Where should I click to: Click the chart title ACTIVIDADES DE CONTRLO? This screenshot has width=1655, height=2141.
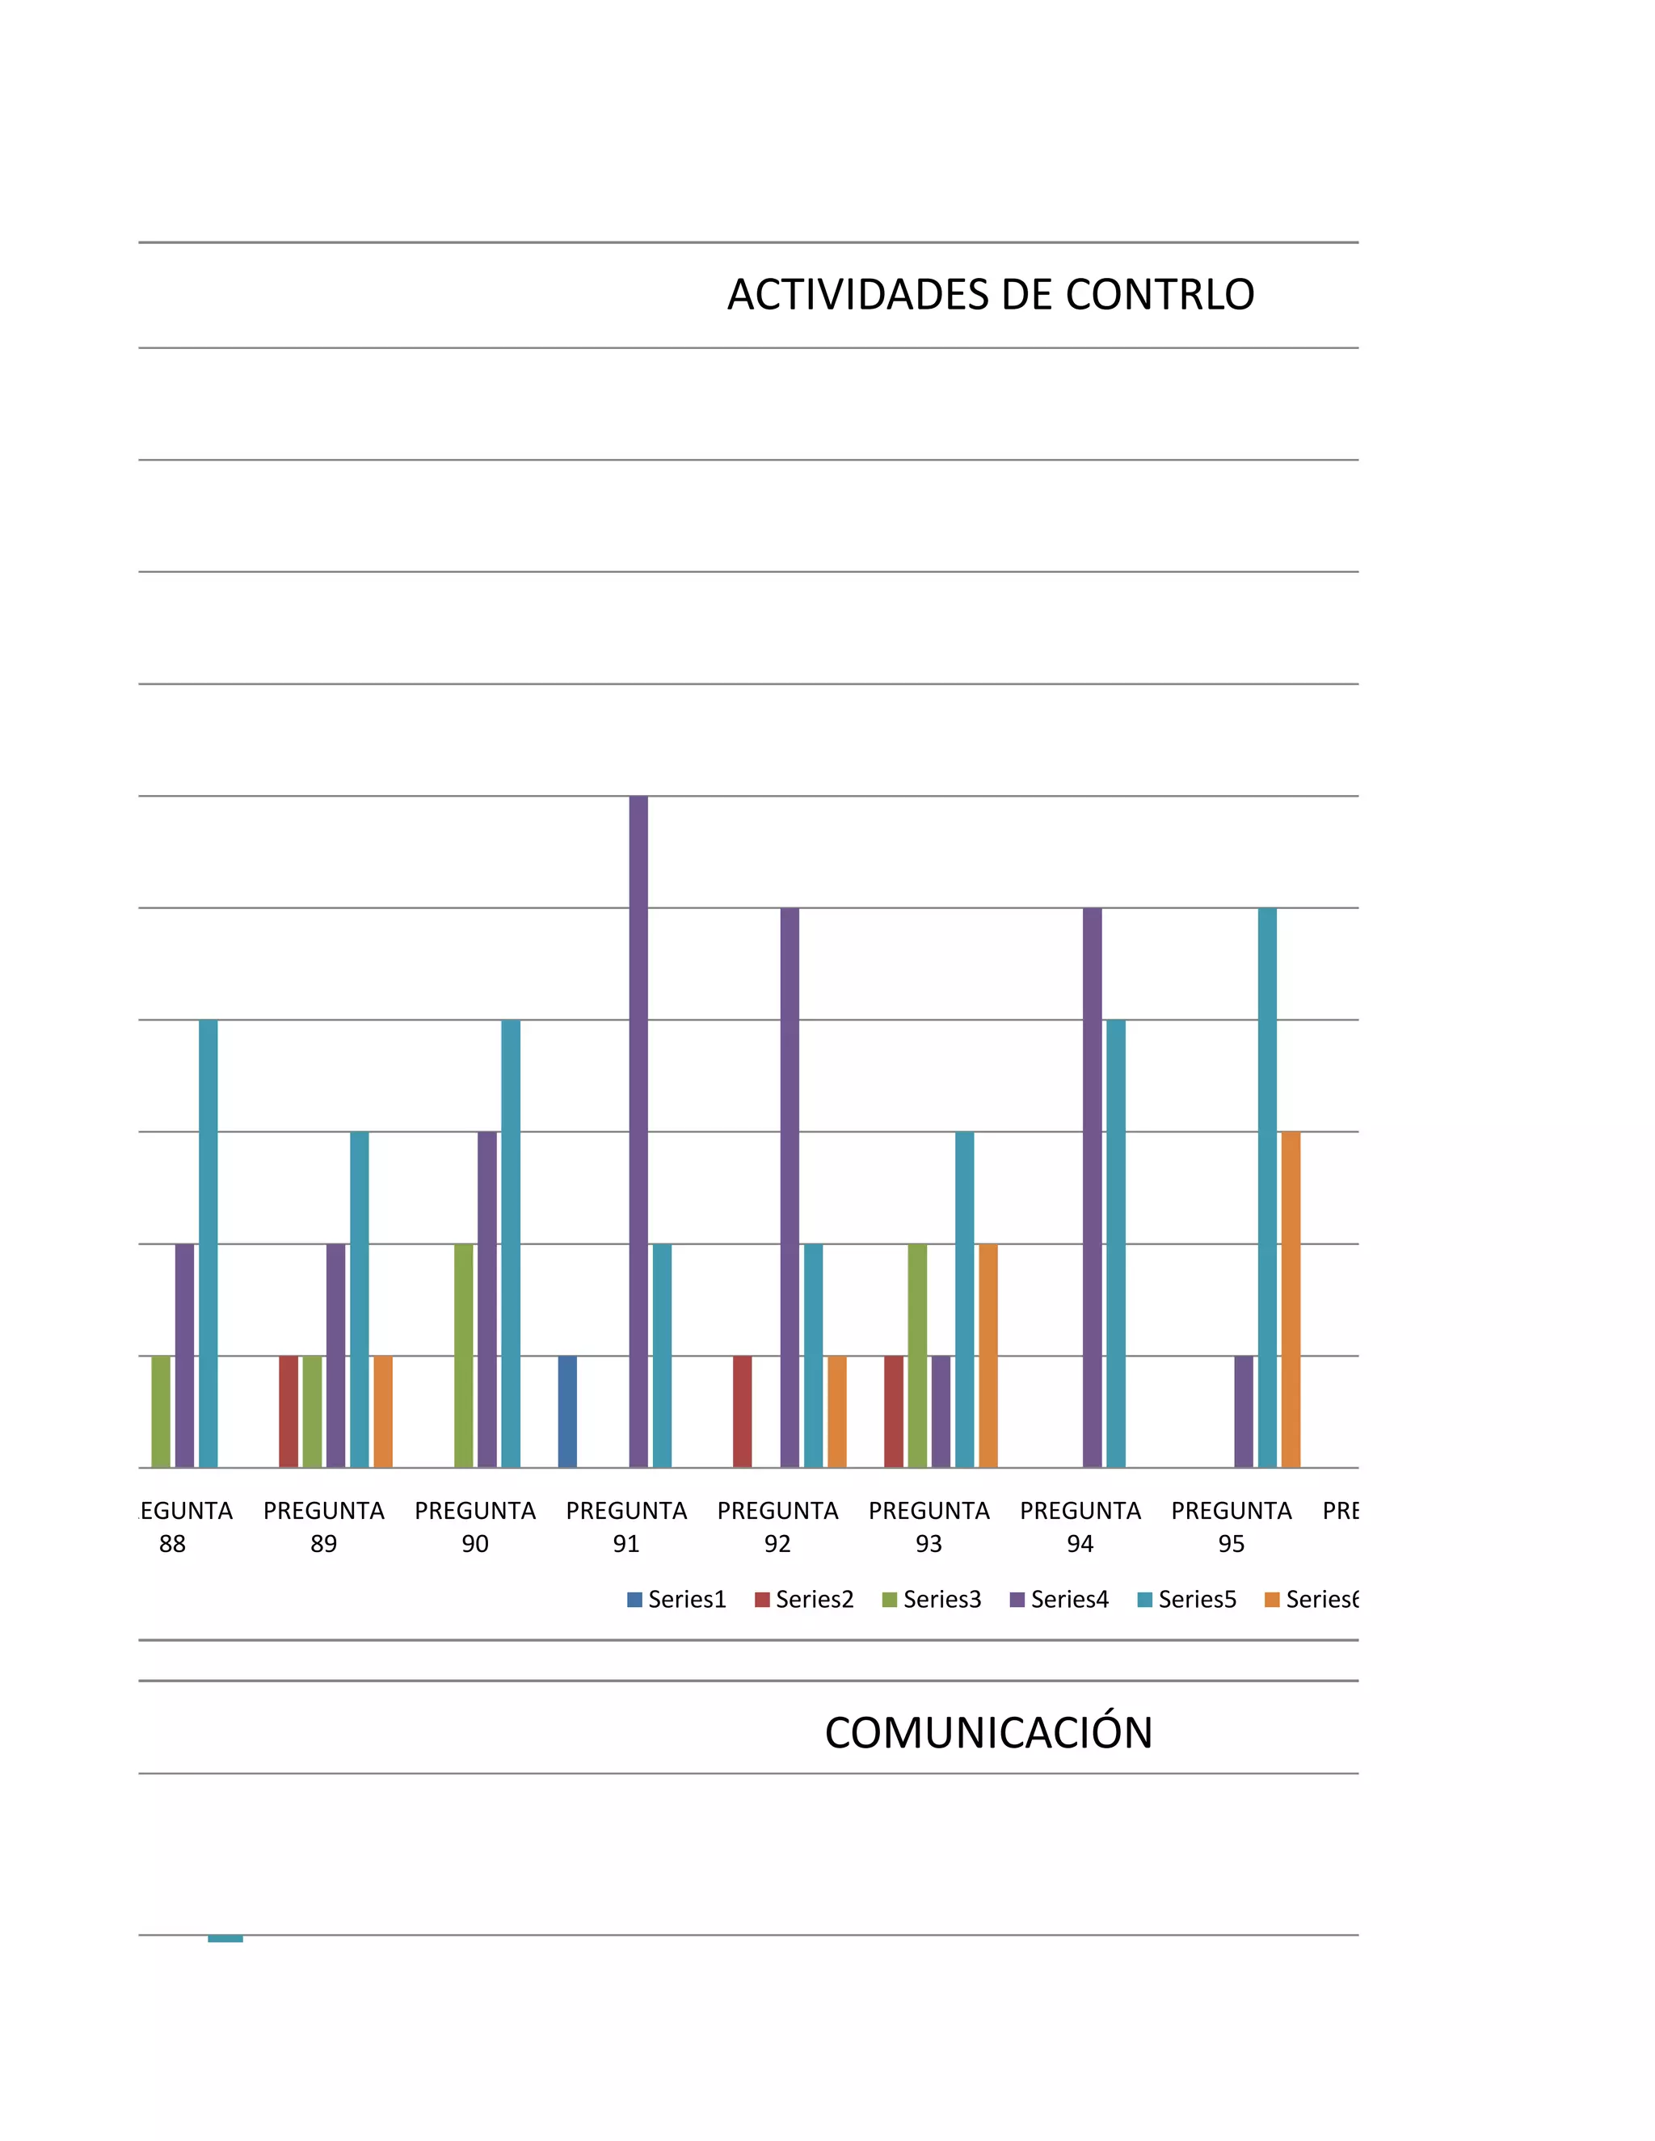[x=990, y=294]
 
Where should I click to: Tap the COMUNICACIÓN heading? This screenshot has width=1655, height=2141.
[x=988, y=1732]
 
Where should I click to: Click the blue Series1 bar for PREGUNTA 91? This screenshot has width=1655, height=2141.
[x=567, y=1411]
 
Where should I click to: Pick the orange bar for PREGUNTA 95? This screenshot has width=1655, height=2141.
[x=1291, y=1299]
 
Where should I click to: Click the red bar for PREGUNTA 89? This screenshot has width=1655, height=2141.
[x=288, y=1411]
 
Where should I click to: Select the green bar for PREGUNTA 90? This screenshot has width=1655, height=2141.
[x=464, y=1355]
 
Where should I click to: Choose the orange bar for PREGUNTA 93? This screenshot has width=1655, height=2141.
[x=988, y=1355]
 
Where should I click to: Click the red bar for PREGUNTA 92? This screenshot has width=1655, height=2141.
[x=742, y=1411]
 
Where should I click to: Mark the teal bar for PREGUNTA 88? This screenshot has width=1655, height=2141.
[x=208, y=1243]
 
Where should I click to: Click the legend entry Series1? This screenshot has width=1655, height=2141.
[x=676, y=1599]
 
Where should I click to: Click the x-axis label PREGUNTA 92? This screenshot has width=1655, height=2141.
[x=777, y=1526]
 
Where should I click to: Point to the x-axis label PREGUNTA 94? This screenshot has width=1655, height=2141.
[x=1080, y=1526]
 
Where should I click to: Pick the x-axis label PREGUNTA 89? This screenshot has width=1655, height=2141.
[x=323, y=1526]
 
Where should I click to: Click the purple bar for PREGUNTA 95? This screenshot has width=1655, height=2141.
[x=1243, y=1411]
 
